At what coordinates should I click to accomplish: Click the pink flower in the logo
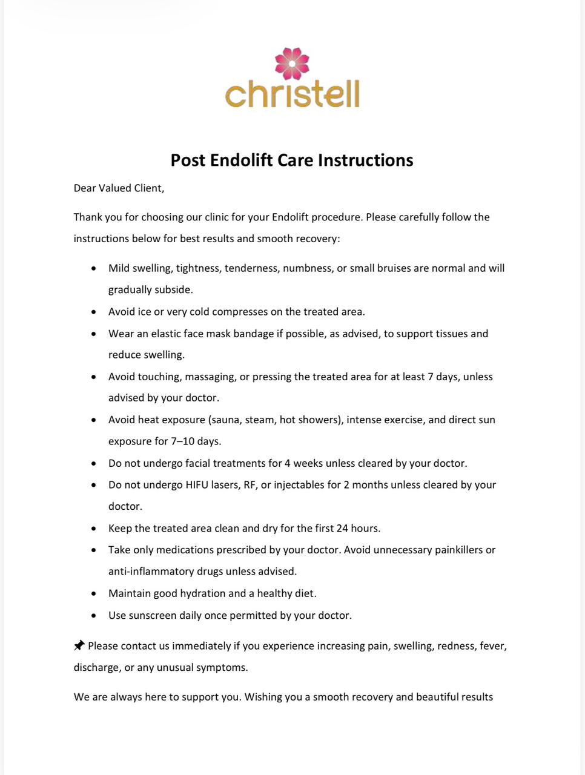coord(292,64)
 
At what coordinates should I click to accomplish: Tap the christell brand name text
coord(292,94)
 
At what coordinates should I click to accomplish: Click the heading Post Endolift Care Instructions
coord(292,160)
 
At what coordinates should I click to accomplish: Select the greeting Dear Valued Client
coord(119,188)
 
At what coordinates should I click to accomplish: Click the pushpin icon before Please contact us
coord(79,645)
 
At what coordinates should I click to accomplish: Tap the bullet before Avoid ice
coord(93,312)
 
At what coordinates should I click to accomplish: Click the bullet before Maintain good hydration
coord(93,594)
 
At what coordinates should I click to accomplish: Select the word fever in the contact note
coord(492,646)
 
